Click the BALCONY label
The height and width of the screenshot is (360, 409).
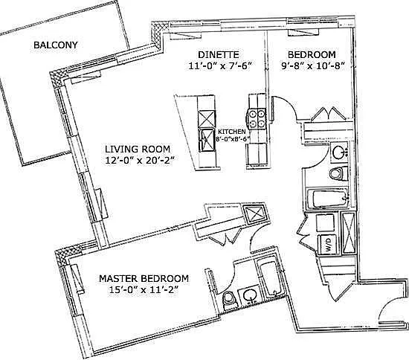(56, 45)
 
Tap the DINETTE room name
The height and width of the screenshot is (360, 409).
(219, 54)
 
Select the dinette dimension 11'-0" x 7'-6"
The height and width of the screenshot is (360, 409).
(219, 65)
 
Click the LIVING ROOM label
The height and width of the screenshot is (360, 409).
(138, 150)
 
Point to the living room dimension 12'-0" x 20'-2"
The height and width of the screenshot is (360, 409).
(139, 160)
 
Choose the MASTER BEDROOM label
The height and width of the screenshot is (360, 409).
(144, 278)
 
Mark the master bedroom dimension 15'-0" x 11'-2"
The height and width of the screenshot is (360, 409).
(144, 289)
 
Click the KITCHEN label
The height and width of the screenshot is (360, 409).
(231, 132)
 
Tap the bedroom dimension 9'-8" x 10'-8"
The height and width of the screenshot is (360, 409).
(312, 65)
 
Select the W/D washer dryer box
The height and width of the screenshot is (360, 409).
(327, 244)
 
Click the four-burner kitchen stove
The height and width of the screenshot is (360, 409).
(257, 118)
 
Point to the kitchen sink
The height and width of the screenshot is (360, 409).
(206, 141)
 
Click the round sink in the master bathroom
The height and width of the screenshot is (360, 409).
(250, 296)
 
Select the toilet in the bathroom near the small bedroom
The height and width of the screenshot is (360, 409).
(338, 173)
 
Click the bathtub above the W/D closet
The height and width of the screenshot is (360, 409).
(328, 199)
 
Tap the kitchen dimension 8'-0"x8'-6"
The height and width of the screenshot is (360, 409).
(231, 139)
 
